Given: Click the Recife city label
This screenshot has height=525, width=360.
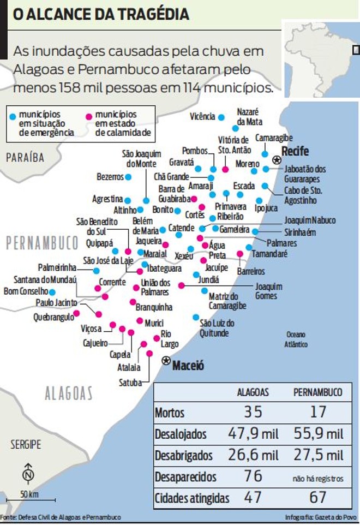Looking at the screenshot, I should tap(295, 151).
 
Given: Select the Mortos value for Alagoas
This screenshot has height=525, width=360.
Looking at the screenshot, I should tap(253, 412).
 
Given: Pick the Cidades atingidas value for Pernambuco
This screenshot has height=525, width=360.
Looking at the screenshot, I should tap(317, 497).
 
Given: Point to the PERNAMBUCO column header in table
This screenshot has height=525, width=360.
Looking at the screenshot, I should tap(318, 392).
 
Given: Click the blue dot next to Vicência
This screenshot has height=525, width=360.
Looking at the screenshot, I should tap(221, 117).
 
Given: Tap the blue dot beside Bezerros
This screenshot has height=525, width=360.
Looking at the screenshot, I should tap(128, 177).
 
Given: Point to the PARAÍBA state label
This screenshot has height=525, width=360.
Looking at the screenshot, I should tap(25, 158).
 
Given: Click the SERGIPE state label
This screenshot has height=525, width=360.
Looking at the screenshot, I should tap(25, 444).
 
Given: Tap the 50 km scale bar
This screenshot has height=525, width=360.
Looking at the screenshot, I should tap(30, 499).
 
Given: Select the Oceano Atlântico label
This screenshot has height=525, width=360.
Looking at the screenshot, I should tap(296, 339).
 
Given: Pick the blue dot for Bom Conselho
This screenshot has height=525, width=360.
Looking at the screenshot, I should tap(52, 292).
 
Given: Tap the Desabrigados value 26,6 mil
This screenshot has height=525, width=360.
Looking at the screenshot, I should tap(253, 455).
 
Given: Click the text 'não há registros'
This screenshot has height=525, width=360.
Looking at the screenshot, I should tap(318, 479).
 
